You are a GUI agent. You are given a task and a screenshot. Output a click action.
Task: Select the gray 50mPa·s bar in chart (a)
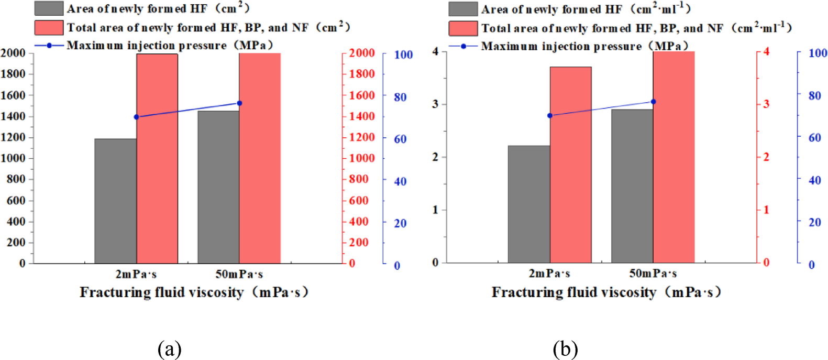pyautogui.click(x=218, y=187)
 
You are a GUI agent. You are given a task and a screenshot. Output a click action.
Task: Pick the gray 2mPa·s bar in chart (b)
pyautogui.click(x=528, y=204)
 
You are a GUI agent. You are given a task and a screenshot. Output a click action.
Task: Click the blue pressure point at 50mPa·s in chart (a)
pyautogui.click(x=239, y=103)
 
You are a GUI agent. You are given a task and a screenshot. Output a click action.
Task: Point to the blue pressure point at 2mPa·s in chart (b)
pyautogui.click(x=549, y=115)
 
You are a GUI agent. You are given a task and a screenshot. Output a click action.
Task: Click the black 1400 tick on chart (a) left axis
pyautogui.click(x=14, y=116)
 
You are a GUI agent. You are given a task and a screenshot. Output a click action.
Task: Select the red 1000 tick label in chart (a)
pyautogui.click(x=362, y=158)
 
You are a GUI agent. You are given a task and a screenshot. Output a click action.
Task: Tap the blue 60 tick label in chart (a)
pyautogui.click(x=400, y=139)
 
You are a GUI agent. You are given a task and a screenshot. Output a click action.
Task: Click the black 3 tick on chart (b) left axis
pyautogui.click(x=435, y=104)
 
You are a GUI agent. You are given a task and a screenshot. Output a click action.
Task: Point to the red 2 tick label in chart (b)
pyautogui.click(x=766, y=157)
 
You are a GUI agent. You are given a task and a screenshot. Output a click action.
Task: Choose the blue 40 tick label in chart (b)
pyautogui.click(x=814, y=180)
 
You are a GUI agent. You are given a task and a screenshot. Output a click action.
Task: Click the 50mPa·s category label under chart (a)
pyautogui.click(x=239, y=274)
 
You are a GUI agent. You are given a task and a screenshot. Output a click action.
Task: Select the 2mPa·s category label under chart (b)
pyautogui.click(x=549, y=274)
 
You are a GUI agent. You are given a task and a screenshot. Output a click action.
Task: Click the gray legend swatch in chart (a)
pyautogui.click(x=49, y=8)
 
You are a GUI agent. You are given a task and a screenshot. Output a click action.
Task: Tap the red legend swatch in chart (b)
pyautogui.click(x=462, y=28)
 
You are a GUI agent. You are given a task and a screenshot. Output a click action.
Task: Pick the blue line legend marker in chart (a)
pyautogui.click(x=49, y=46)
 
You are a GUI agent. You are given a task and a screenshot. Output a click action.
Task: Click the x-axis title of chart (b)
pyautogui.click(x=606, y=292)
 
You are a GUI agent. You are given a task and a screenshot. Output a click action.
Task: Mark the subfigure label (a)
pyautogui.click(x=169, y=348)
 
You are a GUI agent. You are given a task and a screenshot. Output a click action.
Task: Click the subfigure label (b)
pyautogui.click(x=565, y=348)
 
